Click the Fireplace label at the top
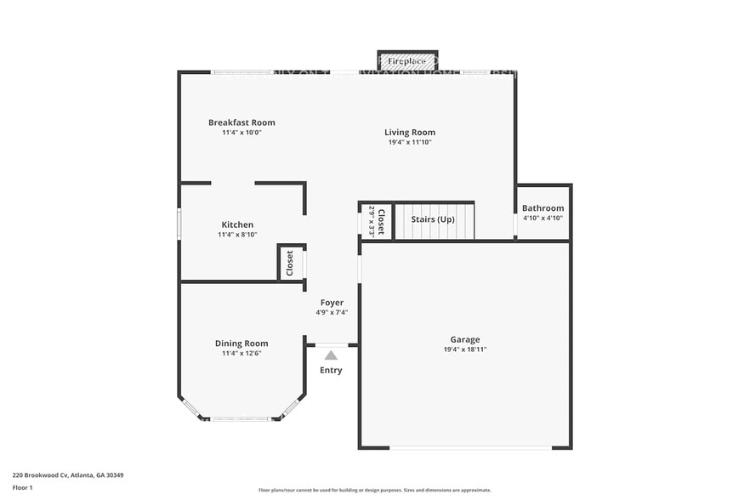pyautogui.click(x=407, y=61)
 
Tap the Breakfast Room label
pyautogui.click(x=241, y=122)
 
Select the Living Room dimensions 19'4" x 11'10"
pyautogui.click(x=410, y=142)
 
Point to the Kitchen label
pyautogui.click(x=237, y=224)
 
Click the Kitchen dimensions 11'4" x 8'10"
pyautogui.click(x=237, y=235)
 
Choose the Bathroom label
pyautogui.click(x=543, y=208)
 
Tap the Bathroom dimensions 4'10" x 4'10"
pyautogui.click(x=543, y=218)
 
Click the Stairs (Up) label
pyautogui.click(x=433, y=219)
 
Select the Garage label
pyautogui.click(x=464, y=338)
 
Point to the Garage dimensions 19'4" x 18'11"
pyautogui.click(x=464, y=349)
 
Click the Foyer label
pyautogui.click(x=332, y=303)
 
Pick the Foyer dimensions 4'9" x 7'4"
pyautogui.click(x=332, y=312)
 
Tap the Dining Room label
pyautogui.click(x=241, y=344)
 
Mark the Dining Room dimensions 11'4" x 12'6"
pyautogui.click(x=241, y=353)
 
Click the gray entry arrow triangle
pyautogui.click(x=331, y=355)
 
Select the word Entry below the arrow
pyautogui.click(x=331, y=370)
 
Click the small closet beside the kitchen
pyautogui.click(x=290, y=263)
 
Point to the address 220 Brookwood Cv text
pyautogui.click(x=68, y=475)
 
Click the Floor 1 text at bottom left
pyautogui.click(x=22, y=487)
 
